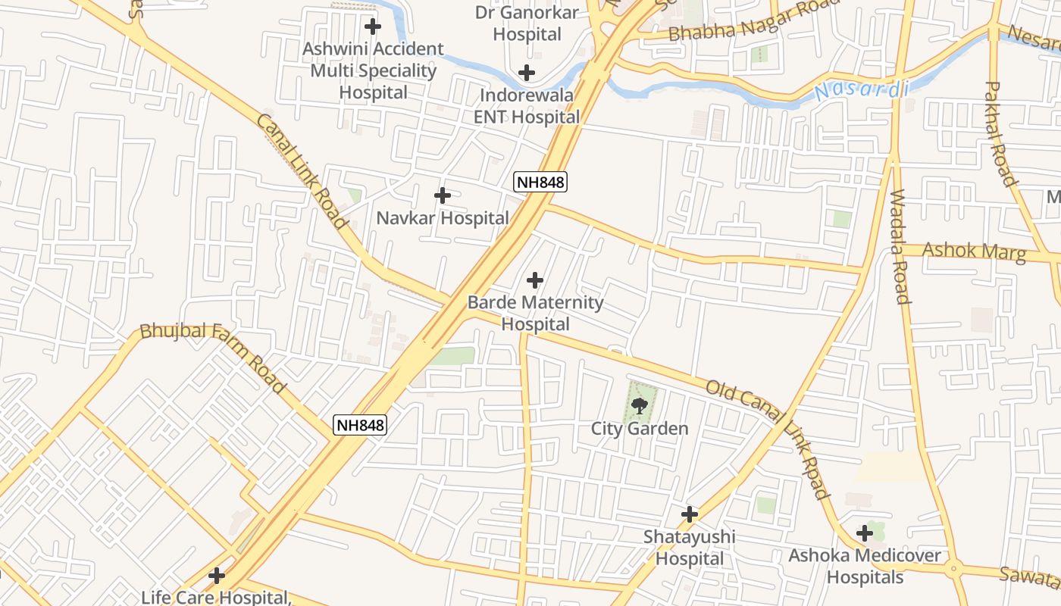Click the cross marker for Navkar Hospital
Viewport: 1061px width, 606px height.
click(443, 196)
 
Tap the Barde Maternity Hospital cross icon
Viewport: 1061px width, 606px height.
click(535, 281)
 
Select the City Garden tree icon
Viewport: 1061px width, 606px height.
click(640, 405)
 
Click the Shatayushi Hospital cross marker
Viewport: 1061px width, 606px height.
click(690, 515)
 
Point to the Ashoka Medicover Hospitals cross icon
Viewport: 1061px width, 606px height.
click(865, 534)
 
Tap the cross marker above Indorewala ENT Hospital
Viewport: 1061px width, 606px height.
click(527, 73)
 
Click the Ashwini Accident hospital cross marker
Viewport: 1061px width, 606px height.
click(373, 27)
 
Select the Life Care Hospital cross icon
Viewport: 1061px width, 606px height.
click(217, 576)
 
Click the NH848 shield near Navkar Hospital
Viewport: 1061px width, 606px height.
click(540, 182)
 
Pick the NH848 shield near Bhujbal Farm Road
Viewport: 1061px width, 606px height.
click(361, 425)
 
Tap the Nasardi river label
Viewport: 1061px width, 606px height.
click(862, 91)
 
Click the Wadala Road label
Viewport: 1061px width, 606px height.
click(900, 246)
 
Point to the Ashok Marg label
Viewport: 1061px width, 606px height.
click(974, 251)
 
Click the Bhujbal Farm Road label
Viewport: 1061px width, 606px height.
click(213, 357)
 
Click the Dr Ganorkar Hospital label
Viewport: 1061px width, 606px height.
click(527, 23)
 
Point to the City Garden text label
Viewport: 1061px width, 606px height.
click(640, 429)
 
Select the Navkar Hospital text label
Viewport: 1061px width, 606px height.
click(443, 218)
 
